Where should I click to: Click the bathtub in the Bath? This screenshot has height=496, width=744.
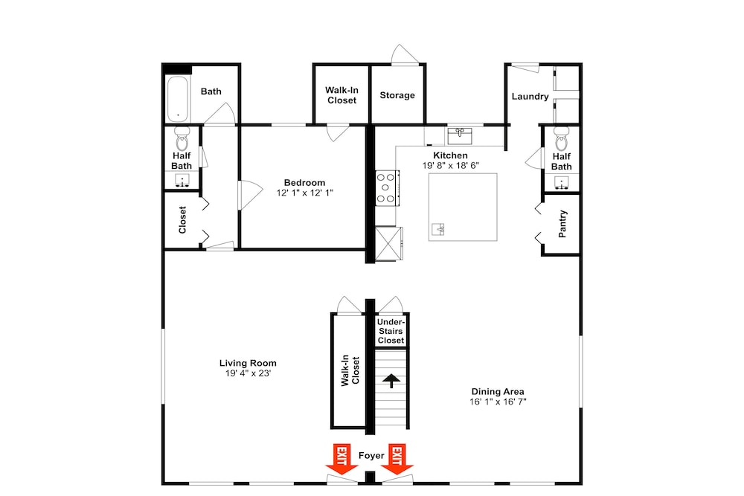tap(178, 99)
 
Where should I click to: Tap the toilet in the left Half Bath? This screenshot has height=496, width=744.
tap(182, 138)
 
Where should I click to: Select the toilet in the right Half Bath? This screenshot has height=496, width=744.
tap(561, 138)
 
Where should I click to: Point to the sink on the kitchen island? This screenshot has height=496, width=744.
tap(438, 230)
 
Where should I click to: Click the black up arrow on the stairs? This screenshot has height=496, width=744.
tap(391, 380)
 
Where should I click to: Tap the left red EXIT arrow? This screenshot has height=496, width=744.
tap(341, 459)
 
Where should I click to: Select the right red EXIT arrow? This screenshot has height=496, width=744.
tap(397, 459)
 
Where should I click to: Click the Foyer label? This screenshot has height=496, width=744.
tap(371, 456)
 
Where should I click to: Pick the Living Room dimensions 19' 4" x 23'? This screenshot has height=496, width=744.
tap(248, 373)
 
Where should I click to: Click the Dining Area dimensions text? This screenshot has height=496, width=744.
tap(498, 402)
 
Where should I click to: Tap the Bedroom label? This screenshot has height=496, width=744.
tap(304, 183)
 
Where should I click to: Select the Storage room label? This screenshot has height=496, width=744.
tap(397, 95)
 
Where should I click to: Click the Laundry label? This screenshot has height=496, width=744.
tap(530, 97)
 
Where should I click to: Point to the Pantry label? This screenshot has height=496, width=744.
tap(562, 224)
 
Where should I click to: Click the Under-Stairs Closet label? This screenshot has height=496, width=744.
tap(391, 331)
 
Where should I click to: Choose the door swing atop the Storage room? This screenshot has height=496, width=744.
tap(405, 54)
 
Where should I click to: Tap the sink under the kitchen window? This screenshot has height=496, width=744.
tap(460, 135)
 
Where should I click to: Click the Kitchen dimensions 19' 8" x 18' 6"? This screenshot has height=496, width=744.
tap(451, 166)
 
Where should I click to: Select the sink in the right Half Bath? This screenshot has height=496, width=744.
tap(562, 182)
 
